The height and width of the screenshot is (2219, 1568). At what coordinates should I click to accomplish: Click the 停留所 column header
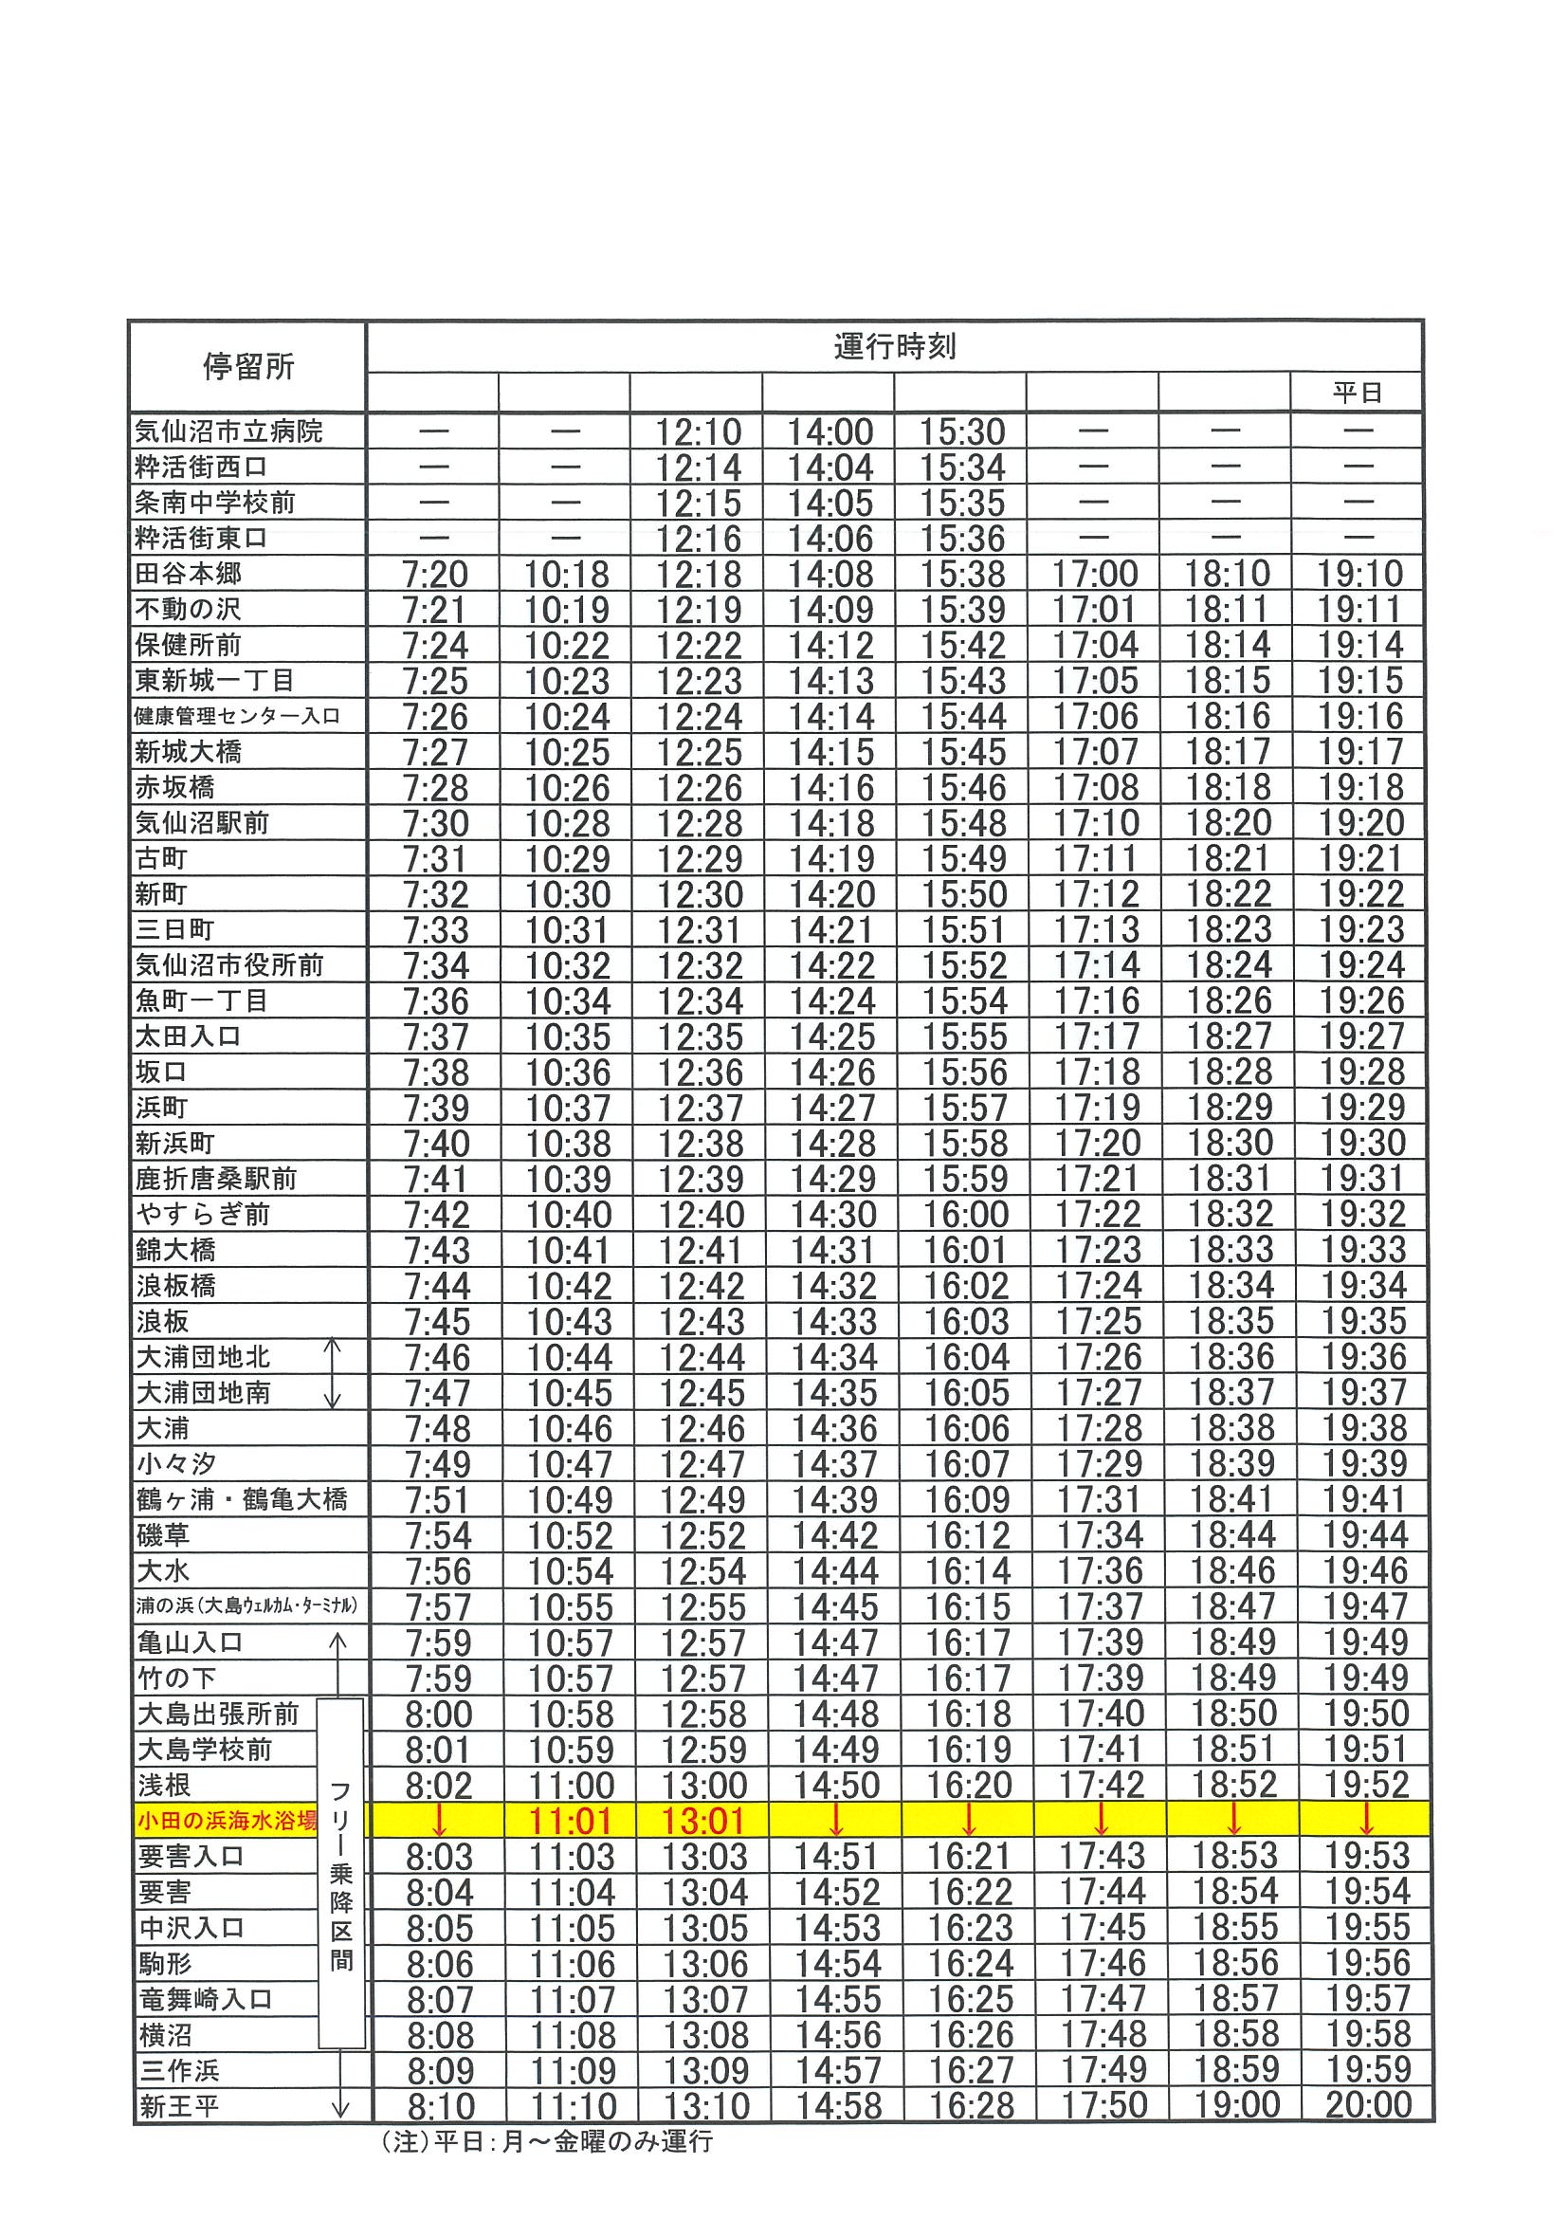coord(247,366)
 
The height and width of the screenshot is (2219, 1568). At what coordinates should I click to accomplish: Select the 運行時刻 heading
coord(894,347)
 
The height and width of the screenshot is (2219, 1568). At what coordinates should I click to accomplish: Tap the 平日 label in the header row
coord(1357,393)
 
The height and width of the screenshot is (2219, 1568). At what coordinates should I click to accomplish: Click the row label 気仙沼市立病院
coord(229,431)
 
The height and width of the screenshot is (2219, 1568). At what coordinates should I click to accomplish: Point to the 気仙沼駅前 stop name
coord(202,823)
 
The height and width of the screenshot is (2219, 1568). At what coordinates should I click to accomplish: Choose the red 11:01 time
coord(571,1822)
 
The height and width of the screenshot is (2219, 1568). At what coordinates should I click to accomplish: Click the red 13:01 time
coord(703,1822)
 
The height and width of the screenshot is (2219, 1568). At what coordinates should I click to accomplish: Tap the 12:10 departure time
coord(698,432)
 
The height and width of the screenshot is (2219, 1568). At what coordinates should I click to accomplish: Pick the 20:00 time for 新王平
coord(1368,2105)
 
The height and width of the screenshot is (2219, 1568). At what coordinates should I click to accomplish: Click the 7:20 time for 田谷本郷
coord(435,575)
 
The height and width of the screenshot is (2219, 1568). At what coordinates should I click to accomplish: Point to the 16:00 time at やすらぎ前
coord(966,1215)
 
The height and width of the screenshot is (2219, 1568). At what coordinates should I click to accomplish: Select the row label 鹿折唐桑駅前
coord(216,1179)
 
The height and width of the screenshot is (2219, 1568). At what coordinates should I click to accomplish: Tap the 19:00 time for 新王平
coord(1236,2105)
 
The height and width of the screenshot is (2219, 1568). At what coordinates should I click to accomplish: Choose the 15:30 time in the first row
coord(962,432)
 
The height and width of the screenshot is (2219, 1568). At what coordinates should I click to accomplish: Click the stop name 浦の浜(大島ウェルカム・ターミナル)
coord(247,1606)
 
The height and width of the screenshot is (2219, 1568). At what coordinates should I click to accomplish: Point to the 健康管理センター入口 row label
coord(238,716)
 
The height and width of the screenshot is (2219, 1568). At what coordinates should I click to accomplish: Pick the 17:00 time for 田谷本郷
coord(1095,575)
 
